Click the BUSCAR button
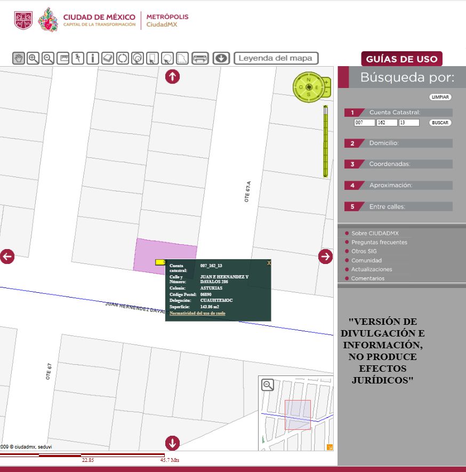(x=440, y=123)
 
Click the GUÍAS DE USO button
(x=401, y=59)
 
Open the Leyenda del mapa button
(x=276, y=58)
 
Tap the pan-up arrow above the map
(x=172, y=77)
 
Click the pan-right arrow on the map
(x=325, y=257)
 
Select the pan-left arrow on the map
(x=7, y=257)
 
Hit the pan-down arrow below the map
(x=172, y=443)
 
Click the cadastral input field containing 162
(x=387, y=123)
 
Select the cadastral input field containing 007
(x=364, y=123)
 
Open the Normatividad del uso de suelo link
(x=197, y=314)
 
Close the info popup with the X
(x=269, y=263)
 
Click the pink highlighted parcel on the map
(x=160, y=251)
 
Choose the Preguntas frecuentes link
(x=379, y=242)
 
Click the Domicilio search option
(x=384, y=143)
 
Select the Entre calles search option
(x=387, y=206)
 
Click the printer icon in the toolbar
(x=200, y=58)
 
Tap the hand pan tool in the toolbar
(x=19, y=58)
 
